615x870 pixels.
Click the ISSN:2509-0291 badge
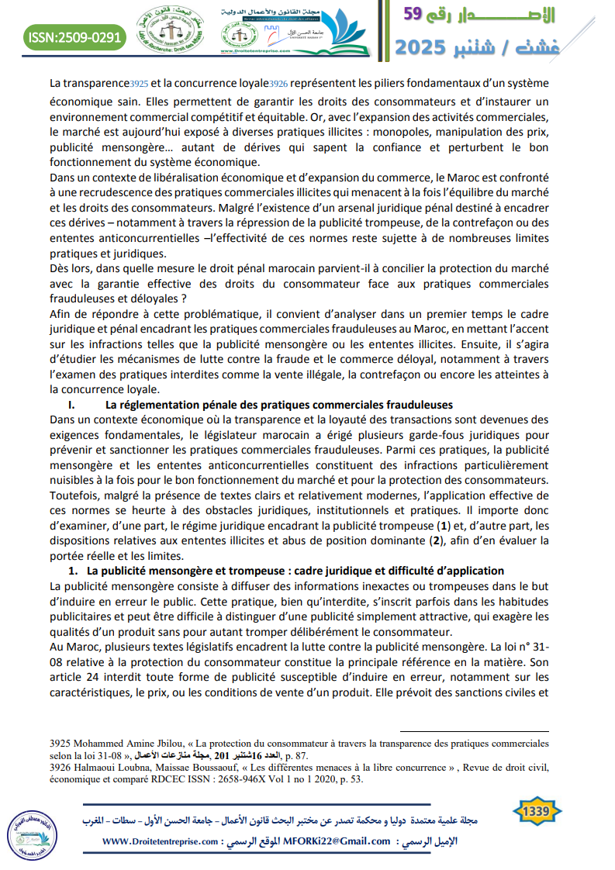coord(75,36)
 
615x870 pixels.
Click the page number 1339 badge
coord(537,811)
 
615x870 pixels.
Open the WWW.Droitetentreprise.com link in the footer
coord(160,841)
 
